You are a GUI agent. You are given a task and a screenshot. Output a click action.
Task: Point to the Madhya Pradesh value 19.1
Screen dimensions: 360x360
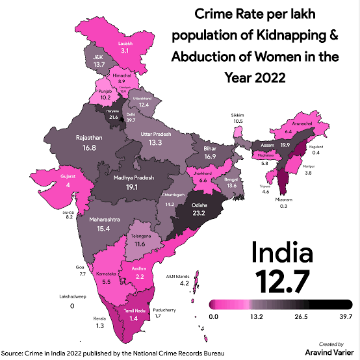click(133, 186)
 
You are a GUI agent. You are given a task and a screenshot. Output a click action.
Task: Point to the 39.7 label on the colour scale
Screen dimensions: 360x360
click(342, 316)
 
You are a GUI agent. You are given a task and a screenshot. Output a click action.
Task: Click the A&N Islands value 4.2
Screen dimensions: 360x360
click(184, 283)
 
